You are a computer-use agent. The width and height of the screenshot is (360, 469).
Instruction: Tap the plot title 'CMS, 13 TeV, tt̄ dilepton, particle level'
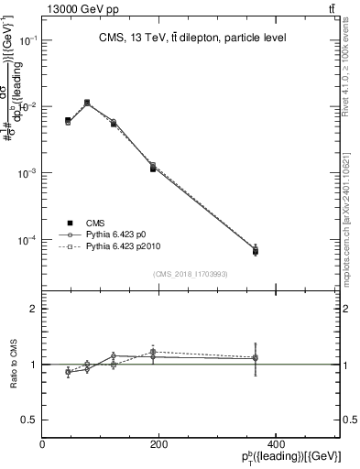[x=193, y=38]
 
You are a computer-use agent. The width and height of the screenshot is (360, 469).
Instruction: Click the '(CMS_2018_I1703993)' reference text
[x=191, y=274]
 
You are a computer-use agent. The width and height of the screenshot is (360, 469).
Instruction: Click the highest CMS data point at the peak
[x=87, y=103]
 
